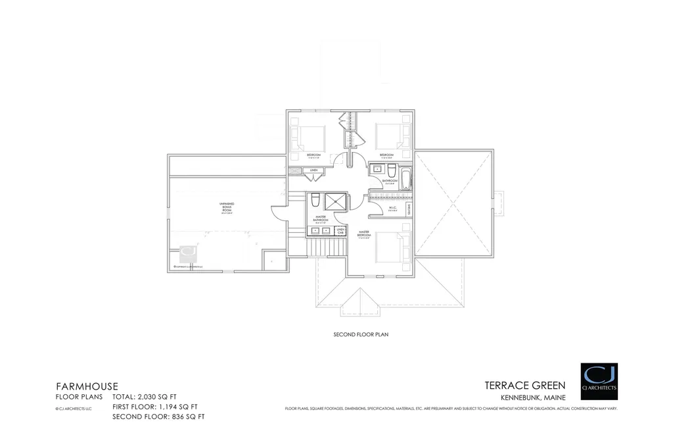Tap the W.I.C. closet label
(392, 209)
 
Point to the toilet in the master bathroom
(315, 200)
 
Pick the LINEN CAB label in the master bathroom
(340, 231)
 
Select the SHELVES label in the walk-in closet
(409, 210)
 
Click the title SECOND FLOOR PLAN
(361, 334)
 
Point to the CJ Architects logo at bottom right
(599, 381)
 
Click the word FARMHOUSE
(86, 386)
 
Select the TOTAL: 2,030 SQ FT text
(145, 397)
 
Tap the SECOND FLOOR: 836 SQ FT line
(158, 417)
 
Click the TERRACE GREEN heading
(524, 386)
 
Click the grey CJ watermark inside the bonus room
(188, 253)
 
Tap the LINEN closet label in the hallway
(313, 171)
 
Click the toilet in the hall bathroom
(392, 172)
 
